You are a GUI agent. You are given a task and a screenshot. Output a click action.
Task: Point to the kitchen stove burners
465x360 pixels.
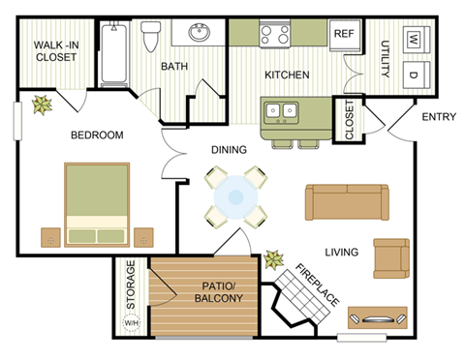pos(274,36)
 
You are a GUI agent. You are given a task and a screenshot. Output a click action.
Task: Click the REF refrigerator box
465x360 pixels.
pos(344,33)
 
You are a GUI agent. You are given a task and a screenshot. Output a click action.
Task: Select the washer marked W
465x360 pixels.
pos(414,40)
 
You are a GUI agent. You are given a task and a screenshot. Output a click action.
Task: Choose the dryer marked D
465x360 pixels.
pos(414,75)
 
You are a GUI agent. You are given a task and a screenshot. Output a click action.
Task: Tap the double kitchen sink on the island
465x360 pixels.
pos(284,111)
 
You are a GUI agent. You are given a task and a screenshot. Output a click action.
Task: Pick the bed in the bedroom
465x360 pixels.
pos(97,204)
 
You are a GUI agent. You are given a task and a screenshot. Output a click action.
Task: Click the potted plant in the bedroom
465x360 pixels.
pos(42,105)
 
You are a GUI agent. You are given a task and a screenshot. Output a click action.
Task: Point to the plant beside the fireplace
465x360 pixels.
pos(274,258)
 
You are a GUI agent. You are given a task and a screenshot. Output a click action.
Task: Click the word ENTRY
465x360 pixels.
pos(439,118)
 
